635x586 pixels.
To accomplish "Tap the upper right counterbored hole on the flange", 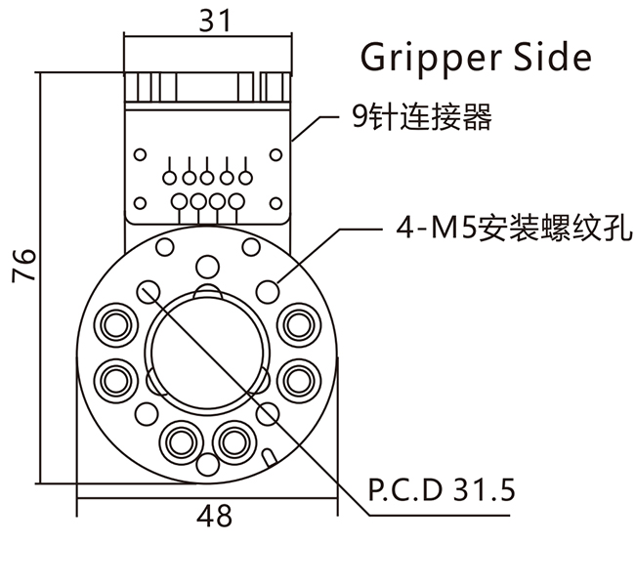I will pyautogui.click(x=296, y=322).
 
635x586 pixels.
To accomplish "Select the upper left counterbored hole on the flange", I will pyautogui.click(x=118, y=322).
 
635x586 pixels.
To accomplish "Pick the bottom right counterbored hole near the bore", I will pyautogui.click(x=233, y=440).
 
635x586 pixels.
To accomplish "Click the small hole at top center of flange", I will pyautogui.click(x=207, y=266).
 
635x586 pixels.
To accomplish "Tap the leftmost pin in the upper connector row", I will pyautogui.click(x=169, y=178).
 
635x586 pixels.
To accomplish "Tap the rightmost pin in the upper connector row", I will pyautogui.click(x=245, y=178).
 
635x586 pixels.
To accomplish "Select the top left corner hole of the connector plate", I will pyautogui.click(x=139, y=153).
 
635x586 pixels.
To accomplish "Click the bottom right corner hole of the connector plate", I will pyautogui.click(x=277, y=202).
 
